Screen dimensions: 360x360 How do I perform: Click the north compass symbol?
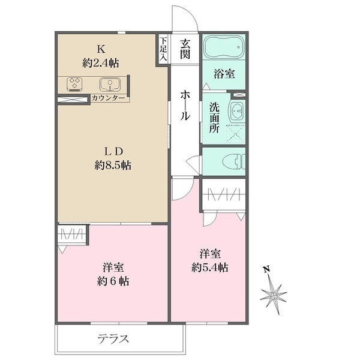(274, 292)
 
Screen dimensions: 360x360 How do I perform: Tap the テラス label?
(113, 338)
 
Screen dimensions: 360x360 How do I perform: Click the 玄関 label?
(184, 50)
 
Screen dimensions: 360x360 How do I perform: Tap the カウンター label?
(109, 98)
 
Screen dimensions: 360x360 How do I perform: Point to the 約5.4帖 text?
(209, 267)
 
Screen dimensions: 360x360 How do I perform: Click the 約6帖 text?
(113, 280)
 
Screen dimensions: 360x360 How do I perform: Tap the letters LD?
(112, 151)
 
